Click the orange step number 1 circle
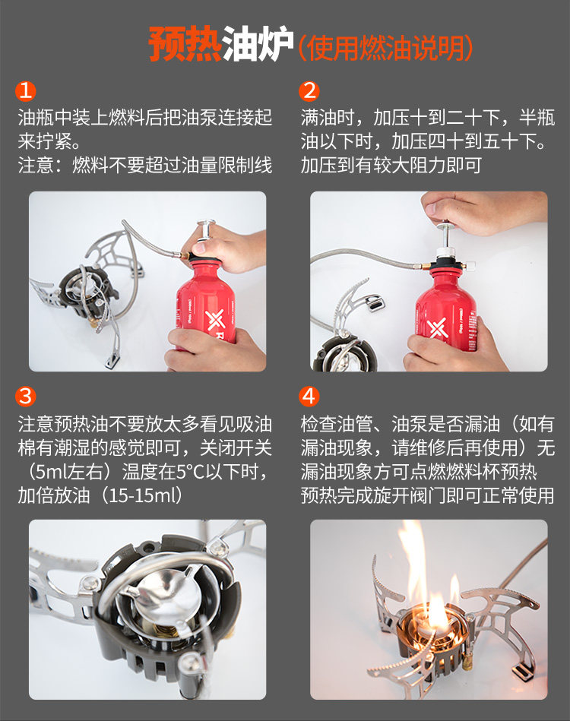tap(25, 90)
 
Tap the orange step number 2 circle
tap(309, 90)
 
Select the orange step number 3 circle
tap(25, 396)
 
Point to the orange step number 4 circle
tap(309, 396)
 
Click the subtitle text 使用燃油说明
tap(385, 48)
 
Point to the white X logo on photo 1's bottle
tap(215, 321)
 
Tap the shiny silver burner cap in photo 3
tap(167, 593)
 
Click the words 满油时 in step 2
tap(328, 117)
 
